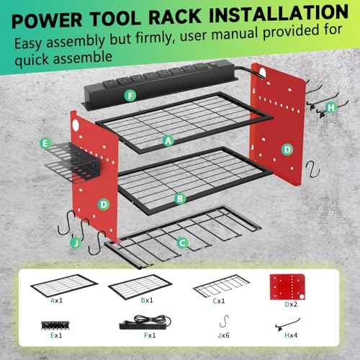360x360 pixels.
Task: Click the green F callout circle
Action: (x=129, y=94)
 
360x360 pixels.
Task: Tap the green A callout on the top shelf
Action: (x=168, y=142)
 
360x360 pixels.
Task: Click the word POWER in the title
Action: (x=73, y=14)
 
